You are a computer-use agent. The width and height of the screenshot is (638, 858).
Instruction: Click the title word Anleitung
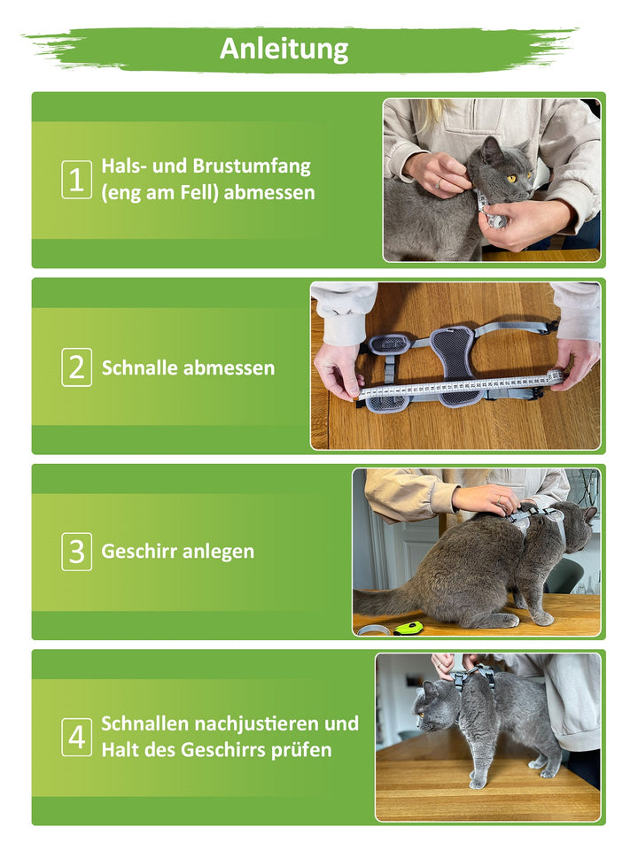(284, 50)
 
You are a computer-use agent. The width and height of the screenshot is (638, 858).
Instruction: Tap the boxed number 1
(76, 180)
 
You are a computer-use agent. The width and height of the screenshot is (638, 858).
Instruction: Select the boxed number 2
(76, 367)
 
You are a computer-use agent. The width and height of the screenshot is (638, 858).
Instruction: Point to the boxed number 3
(76, 552)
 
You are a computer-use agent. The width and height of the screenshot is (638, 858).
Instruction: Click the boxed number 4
(76, 737)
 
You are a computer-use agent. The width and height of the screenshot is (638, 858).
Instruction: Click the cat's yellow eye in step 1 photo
(511, 178)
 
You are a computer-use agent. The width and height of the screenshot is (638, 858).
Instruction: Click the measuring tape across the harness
(461, 385)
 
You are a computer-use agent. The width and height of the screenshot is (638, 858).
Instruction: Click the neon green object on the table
(408, 628)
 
